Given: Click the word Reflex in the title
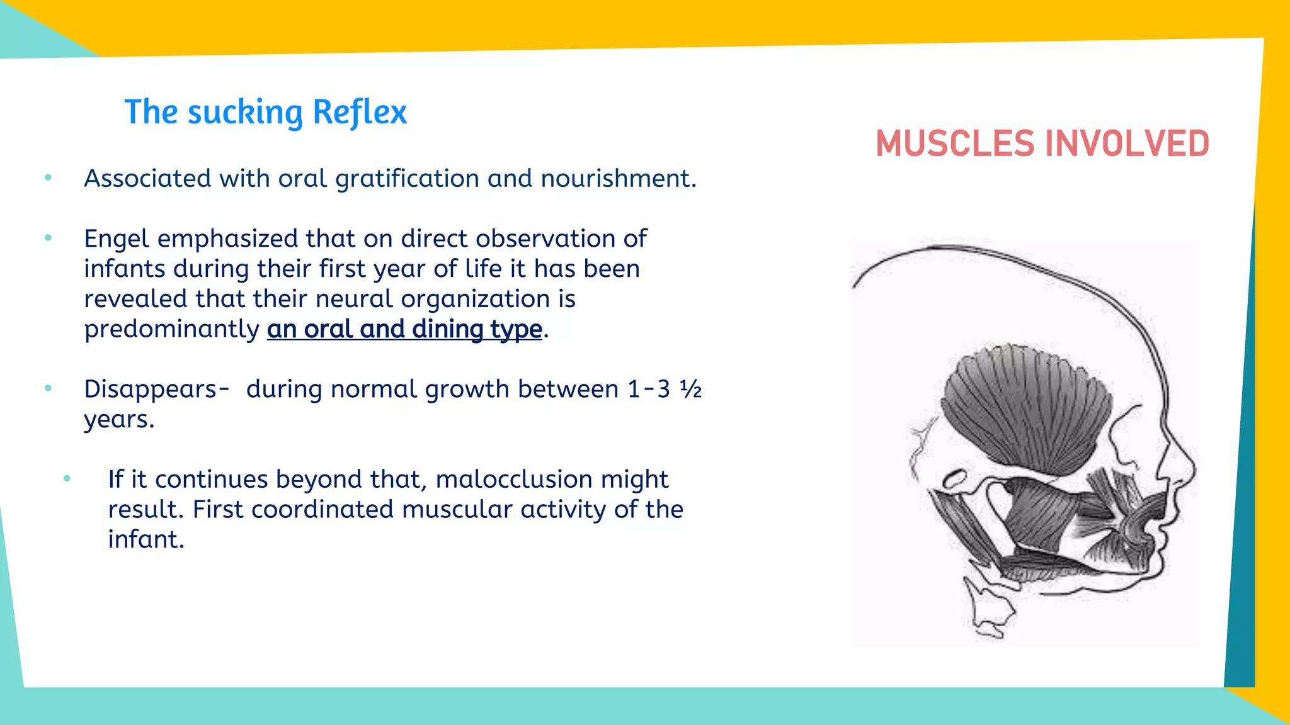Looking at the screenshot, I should point(359,112).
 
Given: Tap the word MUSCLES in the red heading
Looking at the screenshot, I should point(955,143).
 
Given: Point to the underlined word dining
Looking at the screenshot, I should point(448,329).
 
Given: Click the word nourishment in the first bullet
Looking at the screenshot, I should point(618,179).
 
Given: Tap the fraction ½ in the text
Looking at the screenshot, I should point(691,389).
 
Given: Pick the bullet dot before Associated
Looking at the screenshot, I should point(49,178).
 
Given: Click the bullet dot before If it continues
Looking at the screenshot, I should point(67,479).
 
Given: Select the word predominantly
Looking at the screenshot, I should point(171,329).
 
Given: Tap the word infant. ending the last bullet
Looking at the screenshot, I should point(146,539).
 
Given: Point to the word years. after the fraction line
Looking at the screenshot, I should point(118,419).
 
